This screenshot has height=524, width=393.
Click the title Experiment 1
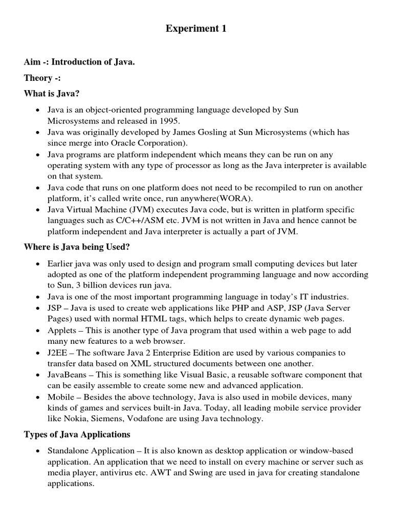(196, 29)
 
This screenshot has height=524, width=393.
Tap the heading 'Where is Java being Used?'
(77, 247)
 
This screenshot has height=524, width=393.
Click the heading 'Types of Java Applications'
(77, 434)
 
